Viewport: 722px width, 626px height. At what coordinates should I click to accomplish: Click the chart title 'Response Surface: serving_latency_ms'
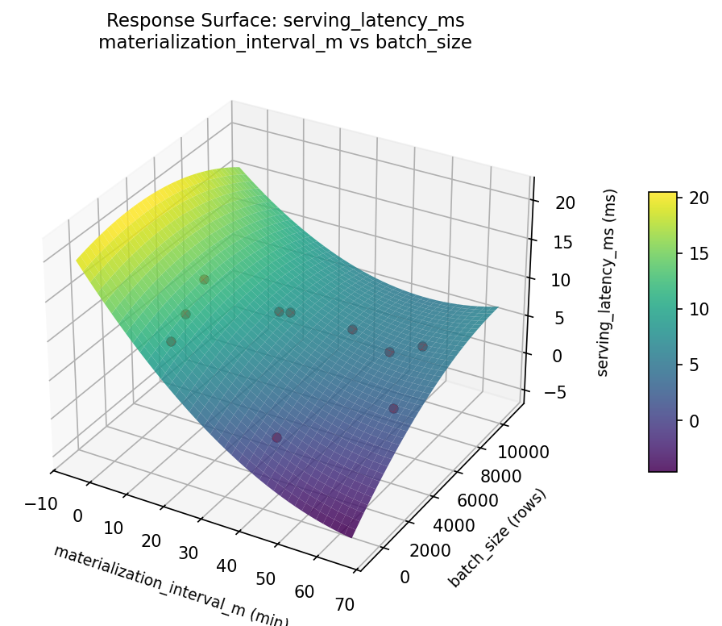(285, 20)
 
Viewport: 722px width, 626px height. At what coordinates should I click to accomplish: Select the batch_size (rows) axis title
(497, 538)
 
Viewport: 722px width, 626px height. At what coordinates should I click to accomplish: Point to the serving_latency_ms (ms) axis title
(612, 282)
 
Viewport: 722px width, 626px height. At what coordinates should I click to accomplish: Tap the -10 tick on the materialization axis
(41, 504)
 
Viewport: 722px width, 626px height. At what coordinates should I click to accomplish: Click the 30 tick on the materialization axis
(188, 553)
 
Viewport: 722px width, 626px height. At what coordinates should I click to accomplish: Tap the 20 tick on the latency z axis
(566, 203)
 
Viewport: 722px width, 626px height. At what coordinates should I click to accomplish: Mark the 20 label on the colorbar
(698, 198)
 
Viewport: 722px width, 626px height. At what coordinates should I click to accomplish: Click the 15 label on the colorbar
(698, 253)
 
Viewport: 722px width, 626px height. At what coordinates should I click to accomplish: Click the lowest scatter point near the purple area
(276, 438)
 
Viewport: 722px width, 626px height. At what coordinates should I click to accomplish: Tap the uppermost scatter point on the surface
(204, 280)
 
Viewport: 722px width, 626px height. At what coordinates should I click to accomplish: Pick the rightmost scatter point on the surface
(422, 347)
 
